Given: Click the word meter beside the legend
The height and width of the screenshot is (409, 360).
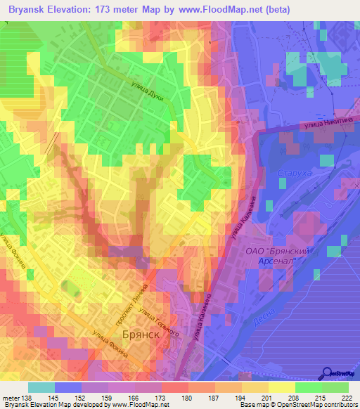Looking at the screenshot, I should click(11, 398).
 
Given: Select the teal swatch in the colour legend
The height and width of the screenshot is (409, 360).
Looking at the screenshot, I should click(41, 387).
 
